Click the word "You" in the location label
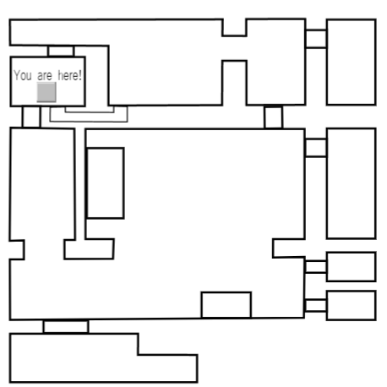(x=23, y=75)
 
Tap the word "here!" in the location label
(x=70, y=75)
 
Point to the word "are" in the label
(x=45, y=76)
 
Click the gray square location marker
(x=46, y=92)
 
